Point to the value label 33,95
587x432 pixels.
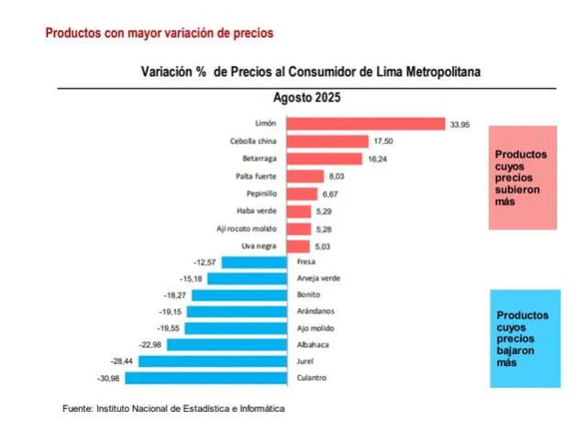tap(460, 124)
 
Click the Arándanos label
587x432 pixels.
tap(317, 311)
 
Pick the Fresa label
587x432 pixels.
tap(306, 260)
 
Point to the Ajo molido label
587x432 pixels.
tap(317, 327)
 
